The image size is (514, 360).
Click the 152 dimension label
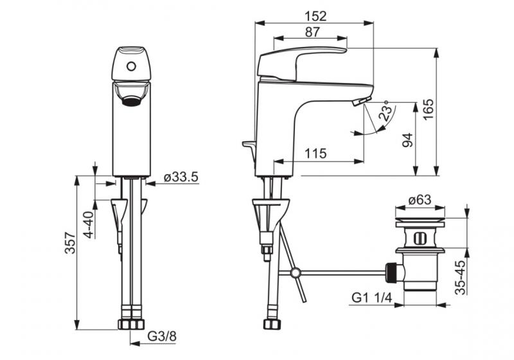coord(315,15)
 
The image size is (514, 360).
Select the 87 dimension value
coord(312,32)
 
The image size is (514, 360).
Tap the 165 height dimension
coord(427,109)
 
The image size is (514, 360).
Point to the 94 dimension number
coord(407,139)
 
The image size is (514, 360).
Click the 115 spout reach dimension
coord(315,153)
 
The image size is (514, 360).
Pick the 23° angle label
coord(385,111)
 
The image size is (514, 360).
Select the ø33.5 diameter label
coord(181,177)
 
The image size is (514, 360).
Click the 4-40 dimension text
coord(89,224)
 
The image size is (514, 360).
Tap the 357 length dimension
coord(70,243)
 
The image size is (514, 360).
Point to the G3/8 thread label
coord(162,336)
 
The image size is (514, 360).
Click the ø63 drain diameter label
coord(420,200)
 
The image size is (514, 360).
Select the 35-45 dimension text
coord(460,277)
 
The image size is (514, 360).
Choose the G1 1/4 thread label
coord(372,298)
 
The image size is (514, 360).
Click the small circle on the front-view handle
coord(131,67)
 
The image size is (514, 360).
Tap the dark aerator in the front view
coord(132,102)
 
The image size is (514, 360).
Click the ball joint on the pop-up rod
coord(296,273)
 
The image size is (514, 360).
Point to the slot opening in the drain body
coord(420,238)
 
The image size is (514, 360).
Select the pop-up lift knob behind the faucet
coord(249,144)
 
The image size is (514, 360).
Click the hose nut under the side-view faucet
coord(272,324)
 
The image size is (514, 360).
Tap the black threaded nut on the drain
coord(391,273)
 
